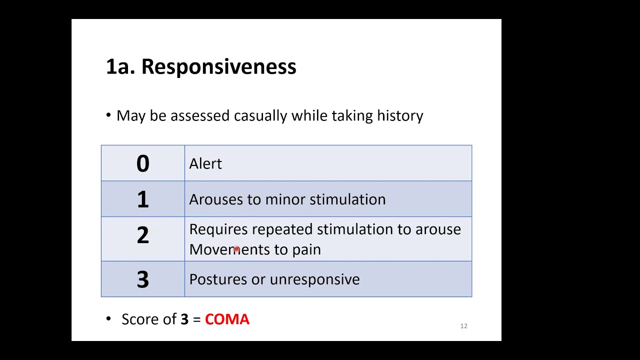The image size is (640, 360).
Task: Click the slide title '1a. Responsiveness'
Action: [x=201, y=66]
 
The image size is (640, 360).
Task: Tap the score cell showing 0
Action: [x=142, y=163]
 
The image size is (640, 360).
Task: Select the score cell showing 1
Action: [x=142, y=199]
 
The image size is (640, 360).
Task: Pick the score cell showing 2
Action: [x=142, y=235]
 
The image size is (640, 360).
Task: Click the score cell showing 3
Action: [x=142, y=279]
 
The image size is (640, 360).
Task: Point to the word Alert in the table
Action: [x=205, y=164]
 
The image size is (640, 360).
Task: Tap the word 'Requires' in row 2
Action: [x=218, y=229]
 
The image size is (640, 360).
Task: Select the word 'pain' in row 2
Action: [x=306, y=250]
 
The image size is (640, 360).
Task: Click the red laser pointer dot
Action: [x=236, y=248]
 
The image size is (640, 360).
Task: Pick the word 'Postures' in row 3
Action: [x=218, y=279]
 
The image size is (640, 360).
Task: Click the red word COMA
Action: [x=227, y=319]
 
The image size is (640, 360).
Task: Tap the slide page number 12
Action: [x=463, y=326]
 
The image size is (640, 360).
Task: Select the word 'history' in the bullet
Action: [x=400, y=116]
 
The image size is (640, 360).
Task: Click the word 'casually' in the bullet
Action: [x=260, y=116]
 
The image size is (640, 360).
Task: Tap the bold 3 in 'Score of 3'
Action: [x=184, y=319]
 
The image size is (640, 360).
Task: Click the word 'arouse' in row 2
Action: [x=438, y=229]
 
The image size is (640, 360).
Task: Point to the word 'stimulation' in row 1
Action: [x=347, y=199]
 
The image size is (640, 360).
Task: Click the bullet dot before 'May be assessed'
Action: [x=108, y=115]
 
